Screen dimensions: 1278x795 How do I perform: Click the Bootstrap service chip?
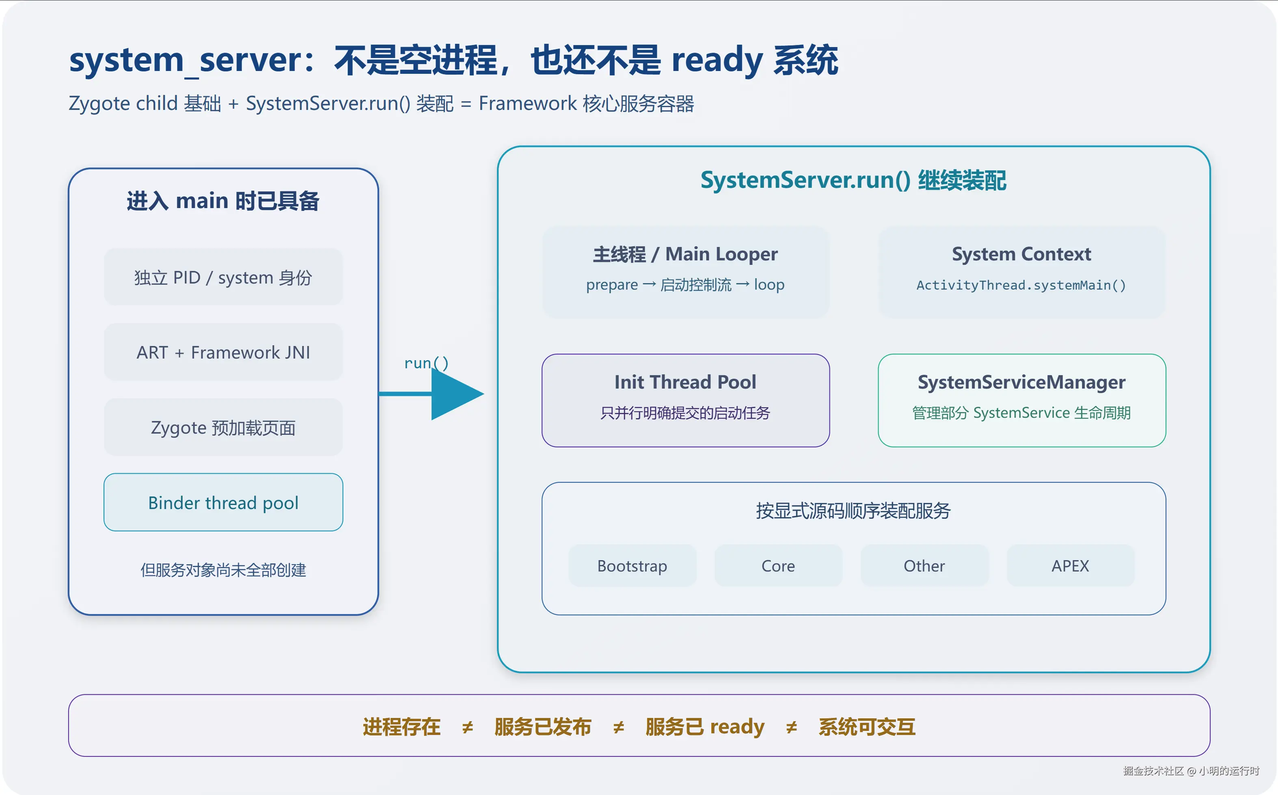pos(632,566)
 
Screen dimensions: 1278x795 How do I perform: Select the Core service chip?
pos(778,566)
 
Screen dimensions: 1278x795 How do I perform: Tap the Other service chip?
pos(924,566)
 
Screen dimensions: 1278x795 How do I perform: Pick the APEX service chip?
pos(1070,566)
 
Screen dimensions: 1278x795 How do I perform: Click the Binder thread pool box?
pos(223,503)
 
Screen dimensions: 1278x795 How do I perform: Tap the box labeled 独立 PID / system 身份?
pos(223,277)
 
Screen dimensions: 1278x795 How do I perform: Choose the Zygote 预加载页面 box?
pos(223,428)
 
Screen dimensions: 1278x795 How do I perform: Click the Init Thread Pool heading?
pos(685,382)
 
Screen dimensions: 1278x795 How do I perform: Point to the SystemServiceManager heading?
pos(1022,382)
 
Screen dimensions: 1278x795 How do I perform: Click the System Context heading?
pos(1022,254)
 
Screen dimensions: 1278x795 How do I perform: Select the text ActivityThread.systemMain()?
pos(1021,285)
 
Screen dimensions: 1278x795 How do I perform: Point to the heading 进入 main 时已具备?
pos(223,201)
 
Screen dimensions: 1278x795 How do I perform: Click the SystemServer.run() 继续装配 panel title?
pos(853,180)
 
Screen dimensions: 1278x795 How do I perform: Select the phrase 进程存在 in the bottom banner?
pos(402,726)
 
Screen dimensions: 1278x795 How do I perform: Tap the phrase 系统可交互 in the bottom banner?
pos(867,726)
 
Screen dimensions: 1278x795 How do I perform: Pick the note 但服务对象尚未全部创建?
pos(223,570)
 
